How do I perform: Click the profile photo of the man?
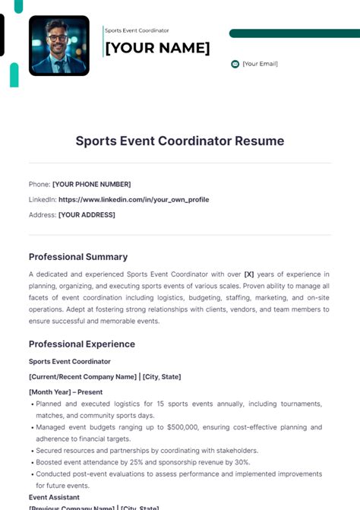58,46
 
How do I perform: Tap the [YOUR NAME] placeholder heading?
157,48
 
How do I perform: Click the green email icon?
235,64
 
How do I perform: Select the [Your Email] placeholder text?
261,64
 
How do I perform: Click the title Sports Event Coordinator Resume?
180,141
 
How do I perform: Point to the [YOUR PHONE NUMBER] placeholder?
91,184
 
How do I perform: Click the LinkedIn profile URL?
134,199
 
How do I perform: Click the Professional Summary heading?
78,257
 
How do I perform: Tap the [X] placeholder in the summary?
248,274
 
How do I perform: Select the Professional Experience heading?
82,344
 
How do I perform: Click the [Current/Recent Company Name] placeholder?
82,376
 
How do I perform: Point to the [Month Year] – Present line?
65,392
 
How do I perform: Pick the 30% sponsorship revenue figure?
242,462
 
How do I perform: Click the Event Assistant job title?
54,497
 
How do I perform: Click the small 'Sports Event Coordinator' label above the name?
137,30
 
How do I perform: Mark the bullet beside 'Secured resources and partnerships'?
33,451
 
